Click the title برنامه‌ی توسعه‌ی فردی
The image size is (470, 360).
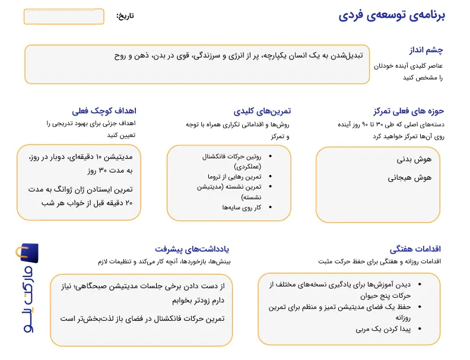[x=392, y=15]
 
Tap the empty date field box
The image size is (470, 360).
[x=63, y=17]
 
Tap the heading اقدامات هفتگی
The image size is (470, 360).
[x=415, y=249]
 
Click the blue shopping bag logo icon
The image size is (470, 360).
[x=28, y=253]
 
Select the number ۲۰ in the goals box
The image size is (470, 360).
[x=133, y=203]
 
